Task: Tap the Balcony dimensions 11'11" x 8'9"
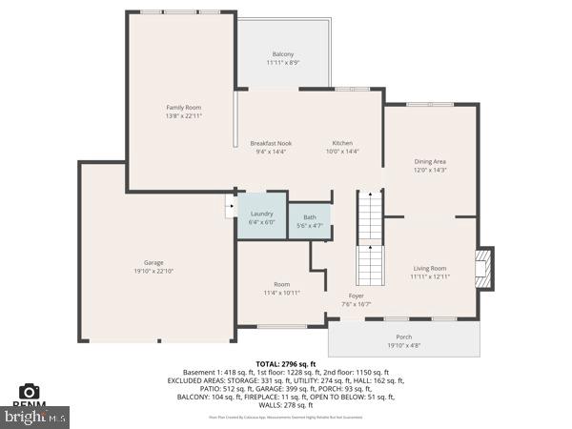point(283,63)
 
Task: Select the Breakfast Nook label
point(271,143)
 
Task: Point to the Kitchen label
point(341,143)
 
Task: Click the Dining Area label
point(430,161)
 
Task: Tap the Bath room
point(310,221)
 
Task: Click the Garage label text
point(153,262)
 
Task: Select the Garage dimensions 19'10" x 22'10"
point(153,271)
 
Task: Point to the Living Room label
point(430,268)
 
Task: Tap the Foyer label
point(356,296)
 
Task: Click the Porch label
point(404,337)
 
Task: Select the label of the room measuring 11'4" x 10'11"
point(281,284)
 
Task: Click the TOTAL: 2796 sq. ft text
point(285,364)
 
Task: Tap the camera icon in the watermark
point(30,392)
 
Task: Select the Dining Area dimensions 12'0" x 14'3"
point(430,170)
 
